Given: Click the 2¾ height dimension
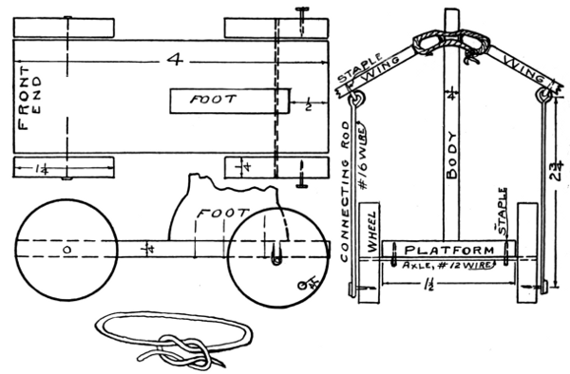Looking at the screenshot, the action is click(x=557, y=173).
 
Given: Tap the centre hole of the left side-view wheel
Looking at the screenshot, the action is click(x=66, y=249).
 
